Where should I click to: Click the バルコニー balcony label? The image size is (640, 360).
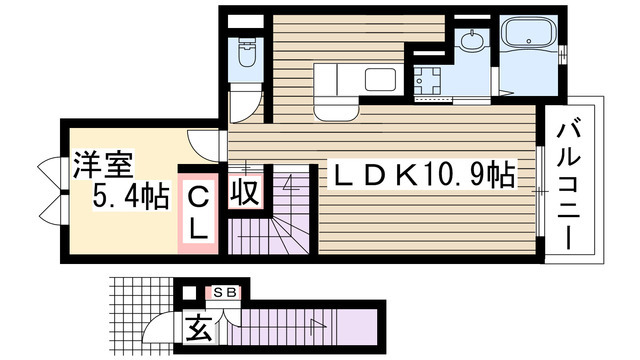pyautogui.click(x=573, y=185)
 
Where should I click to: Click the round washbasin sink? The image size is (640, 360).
pyautogui.click(x=470, y=42)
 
